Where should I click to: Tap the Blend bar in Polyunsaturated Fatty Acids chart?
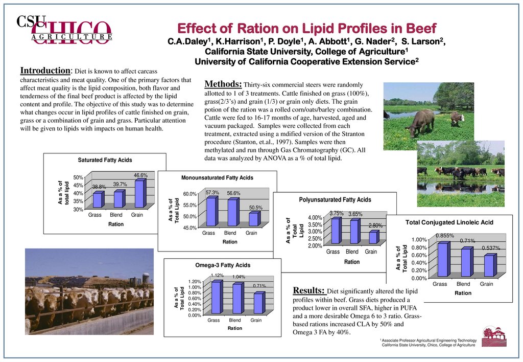(354, 232)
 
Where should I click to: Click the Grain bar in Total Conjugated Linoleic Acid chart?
(489, 266)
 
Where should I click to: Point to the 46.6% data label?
(140, 175)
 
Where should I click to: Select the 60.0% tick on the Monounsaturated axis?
(189, 194)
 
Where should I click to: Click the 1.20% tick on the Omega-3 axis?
(195, 282)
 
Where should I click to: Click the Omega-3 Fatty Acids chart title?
(223, 265)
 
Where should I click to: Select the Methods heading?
(223, 83)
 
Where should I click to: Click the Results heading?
(308, 290)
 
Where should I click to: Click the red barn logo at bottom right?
(494, 336)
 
